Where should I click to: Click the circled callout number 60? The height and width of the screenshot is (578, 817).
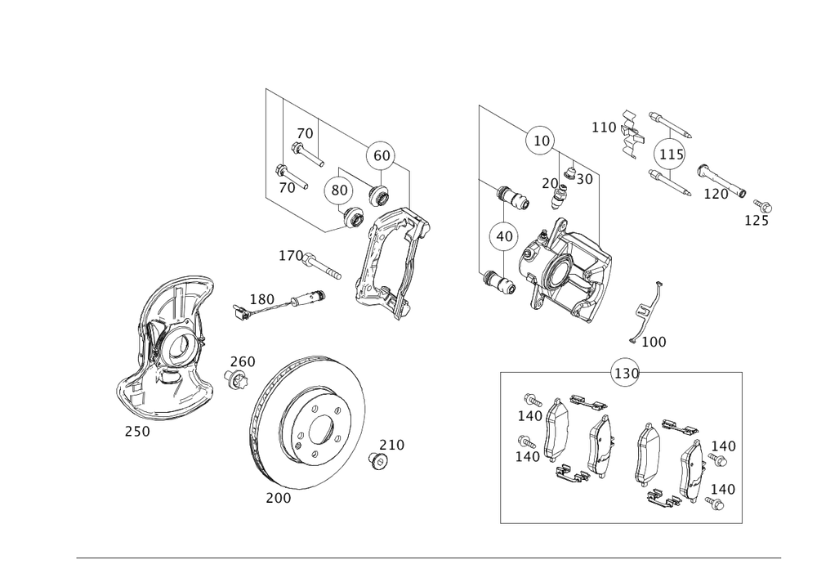381,156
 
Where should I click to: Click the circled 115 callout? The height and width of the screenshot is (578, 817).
670,155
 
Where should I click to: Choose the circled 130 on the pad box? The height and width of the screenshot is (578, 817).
627,374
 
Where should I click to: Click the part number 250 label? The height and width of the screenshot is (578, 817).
136,432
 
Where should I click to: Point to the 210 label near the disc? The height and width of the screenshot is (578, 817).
392,445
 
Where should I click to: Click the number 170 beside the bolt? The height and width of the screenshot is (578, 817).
290,257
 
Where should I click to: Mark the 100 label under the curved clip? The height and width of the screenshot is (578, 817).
654,342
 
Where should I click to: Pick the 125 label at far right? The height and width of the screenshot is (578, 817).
757,220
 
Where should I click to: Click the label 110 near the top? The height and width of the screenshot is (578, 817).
605,128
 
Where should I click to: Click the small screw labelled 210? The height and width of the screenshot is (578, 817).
378,461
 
